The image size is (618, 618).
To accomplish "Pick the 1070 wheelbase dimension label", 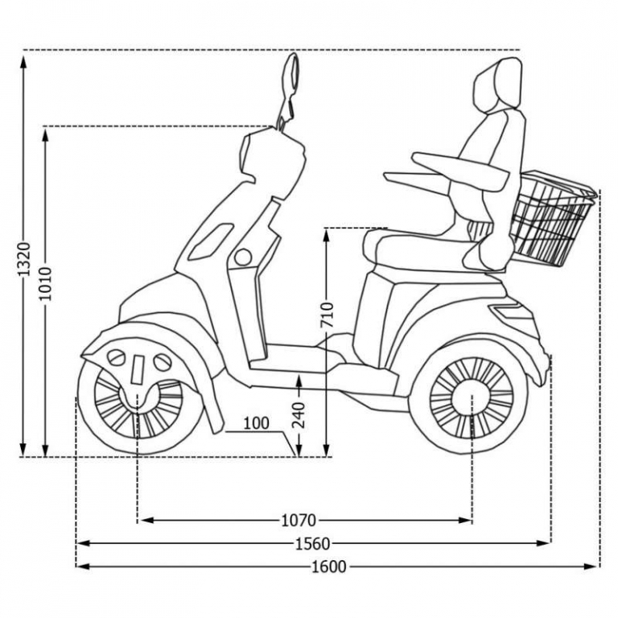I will (x=298, y=520).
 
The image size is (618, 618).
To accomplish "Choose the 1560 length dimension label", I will (x=313, y=543).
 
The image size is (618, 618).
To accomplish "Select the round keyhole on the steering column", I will (x=241, y=257).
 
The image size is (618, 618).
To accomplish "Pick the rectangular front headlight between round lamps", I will (x=138, y=369).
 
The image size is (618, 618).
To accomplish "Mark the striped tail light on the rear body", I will (x=513, y=313).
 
